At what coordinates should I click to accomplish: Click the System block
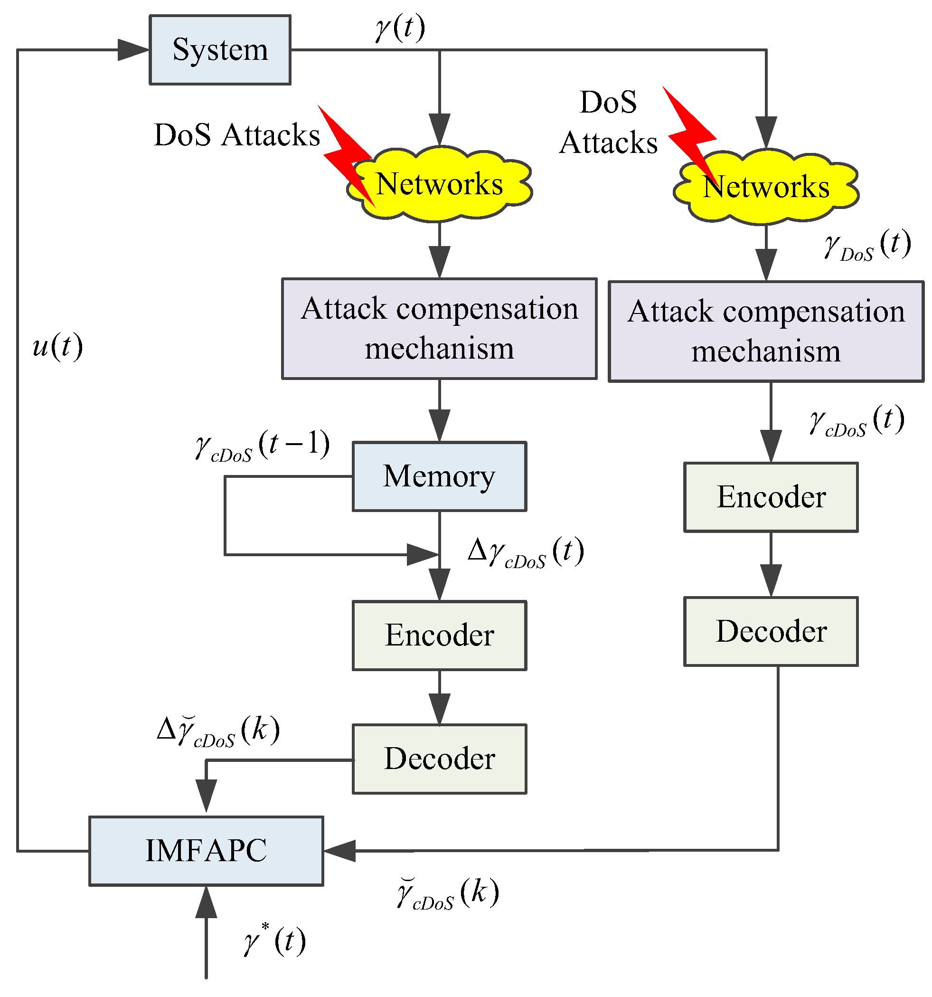tap(220, 50)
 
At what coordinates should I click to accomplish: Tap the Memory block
tap(439, 476)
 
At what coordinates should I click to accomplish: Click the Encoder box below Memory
tap(439, 635)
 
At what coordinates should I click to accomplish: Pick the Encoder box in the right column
tap(771, 496)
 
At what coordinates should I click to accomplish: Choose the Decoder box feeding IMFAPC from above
tap(439, 758)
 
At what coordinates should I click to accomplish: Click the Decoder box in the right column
tap(771, 631)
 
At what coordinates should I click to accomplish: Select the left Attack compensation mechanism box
tap(439, 328)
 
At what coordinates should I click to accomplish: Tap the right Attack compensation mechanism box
tap(765, 331)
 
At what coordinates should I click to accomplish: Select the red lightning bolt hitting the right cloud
tap(689, 131)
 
